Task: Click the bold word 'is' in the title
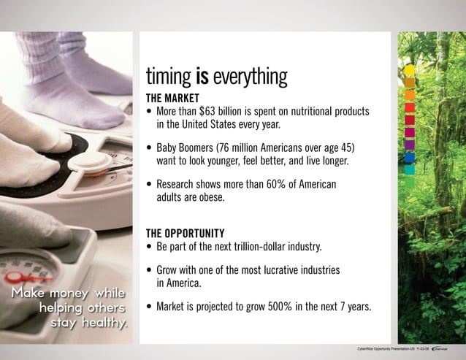point(201,77)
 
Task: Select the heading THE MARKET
point(172,98)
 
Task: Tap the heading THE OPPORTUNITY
point(185,233)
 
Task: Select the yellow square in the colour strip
point(410,70)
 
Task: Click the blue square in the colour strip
point(410,157)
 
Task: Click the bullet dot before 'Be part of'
point(150,247)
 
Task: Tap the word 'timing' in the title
point(168,77)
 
